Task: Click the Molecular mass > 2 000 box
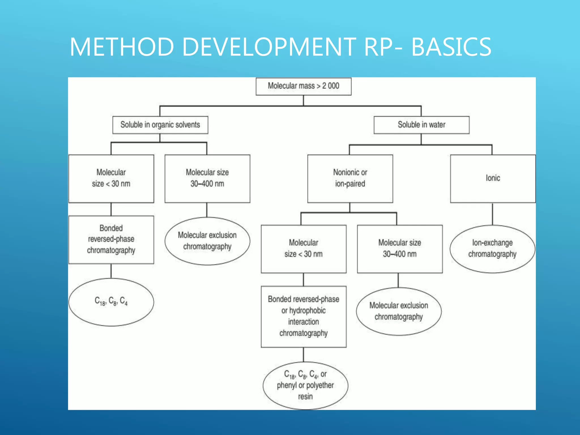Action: point(303,86)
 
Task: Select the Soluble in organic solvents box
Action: point(160,125)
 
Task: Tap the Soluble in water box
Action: point(421,125)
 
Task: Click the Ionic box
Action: point(493,178)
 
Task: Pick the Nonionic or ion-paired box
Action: point(350,178)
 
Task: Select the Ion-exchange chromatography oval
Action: point(492,249)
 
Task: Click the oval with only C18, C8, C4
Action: point(111,302)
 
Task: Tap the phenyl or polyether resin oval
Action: point(305,385)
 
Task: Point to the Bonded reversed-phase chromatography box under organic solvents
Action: point(111,240)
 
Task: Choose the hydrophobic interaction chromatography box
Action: point(303,316)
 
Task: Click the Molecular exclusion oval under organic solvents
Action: point(207,241)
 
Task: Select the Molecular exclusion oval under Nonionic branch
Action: point(398,311)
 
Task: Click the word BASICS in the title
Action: point(451,47)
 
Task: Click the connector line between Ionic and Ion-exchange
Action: point(492,214)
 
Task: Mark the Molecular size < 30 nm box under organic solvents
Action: point(111,178)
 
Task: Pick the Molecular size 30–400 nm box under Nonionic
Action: point(400,249)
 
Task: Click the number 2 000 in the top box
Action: point(330,86)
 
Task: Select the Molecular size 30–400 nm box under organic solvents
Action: point(207,178)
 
